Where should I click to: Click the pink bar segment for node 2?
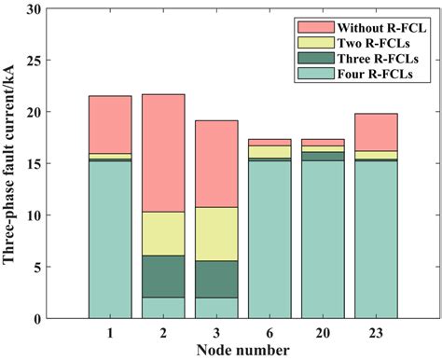click(x=163, y=153)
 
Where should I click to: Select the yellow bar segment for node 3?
click(x=216, y=233)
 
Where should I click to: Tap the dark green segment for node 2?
click(x=163, y=276)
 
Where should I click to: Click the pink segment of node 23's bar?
click(x=377, y=132)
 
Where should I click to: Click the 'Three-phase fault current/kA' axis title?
click(x=13, y=164)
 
